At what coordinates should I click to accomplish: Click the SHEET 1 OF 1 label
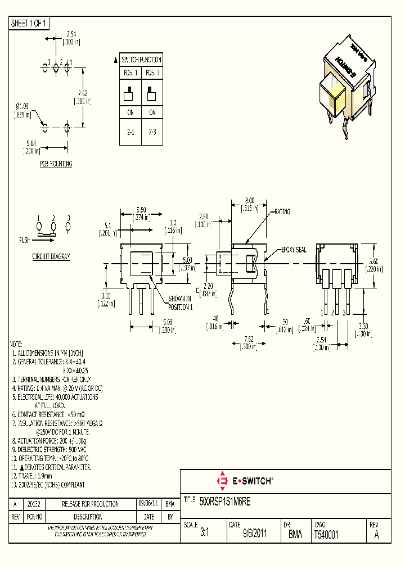[x=29, y=23]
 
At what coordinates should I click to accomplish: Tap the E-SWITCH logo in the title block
[x=245, y=481]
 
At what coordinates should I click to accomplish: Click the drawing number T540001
[x=326, y=535]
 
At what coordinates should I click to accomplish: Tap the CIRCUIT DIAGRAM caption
[x=51, y=256]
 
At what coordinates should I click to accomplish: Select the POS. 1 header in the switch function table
[x=130, y=73]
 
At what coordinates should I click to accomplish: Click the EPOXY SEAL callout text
[x=294, y=250]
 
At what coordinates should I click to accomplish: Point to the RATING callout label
[x=282, y=212]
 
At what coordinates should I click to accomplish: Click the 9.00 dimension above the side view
[x=250, y=200]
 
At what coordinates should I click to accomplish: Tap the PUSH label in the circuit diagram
[x=24, y=240]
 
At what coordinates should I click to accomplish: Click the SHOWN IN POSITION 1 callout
[x=181, y=304]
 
